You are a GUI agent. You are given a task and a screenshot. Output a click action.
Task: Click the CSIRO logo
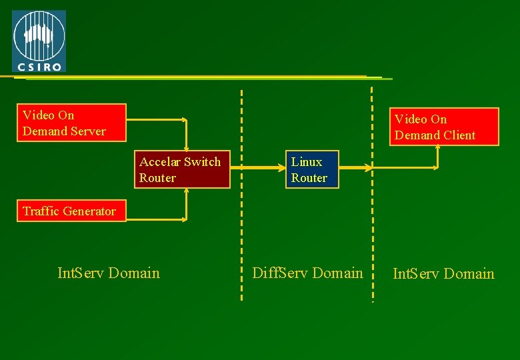coord(39,41)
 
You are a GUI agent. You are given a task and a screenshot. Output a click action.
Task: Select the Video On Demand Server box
coord(71,123)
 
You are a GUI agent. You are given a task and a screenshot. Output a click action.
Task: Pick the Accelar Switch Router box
coord(182,169)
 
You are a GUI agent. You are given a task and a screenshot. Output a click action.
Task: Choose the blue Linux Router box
coord(312,169)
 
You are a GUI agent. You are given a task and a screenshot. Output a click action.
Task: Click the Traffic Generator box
coord(71,211)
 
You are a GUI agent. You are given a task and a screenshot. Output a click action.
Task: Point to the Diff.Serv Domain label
coord(307,273)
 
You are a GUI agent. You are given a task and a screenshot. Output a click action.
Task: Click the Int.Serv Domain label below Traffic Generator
coord(109,273)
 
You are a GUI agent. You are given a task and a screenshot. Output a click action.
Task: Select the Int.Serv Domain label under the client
coord(443,273)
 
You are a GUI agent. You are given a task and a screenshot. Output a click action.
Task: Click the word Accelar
coord(160,162)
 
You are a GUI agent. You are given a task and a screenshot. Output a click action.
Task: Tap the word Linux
coord(307,162)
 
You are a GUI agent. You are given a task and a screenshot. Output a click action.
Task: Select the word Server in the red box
coord(89,131)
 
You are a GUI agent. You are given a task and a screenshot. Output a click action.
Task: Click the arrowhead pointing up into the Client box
coord(437,148)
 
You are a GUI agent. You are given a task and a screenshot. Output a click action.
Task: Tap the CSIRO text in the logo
coord(39,66)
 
